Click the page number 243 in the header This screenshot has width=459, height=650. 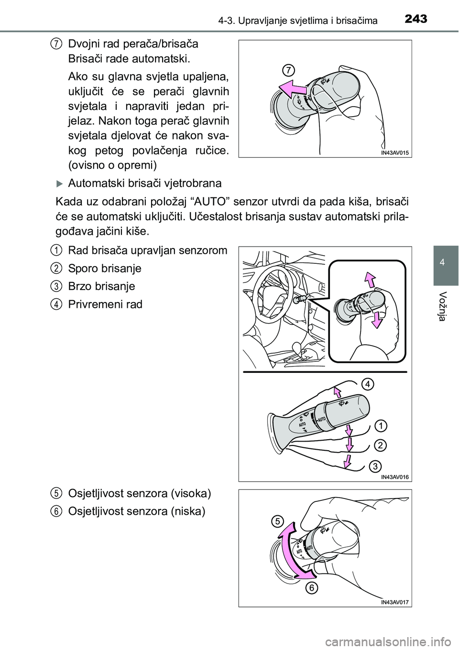click(415, 20)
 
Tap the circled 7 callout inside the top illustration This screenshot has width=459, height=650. click(288, 70)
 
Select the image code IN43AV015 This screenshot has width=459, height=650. click(395, 152)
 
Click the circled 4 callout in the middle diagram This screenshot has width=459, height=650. click(367, 384)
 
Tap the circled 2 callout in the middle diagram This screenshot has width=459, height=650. click(380, 445)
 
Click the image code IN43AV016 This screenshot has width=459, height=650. click(395, 477)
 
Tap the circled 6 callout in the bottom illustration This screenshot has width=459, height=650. click(311, 588)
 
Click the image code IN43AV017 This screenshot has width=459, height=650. click(395, 602)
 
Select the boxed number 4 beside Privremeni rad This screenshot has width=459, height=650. click(56, 304)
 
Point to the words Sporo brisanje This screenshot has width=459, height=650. click(105, 268)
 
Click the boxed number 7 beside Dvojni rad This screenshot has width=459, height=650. click(56, 44)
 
